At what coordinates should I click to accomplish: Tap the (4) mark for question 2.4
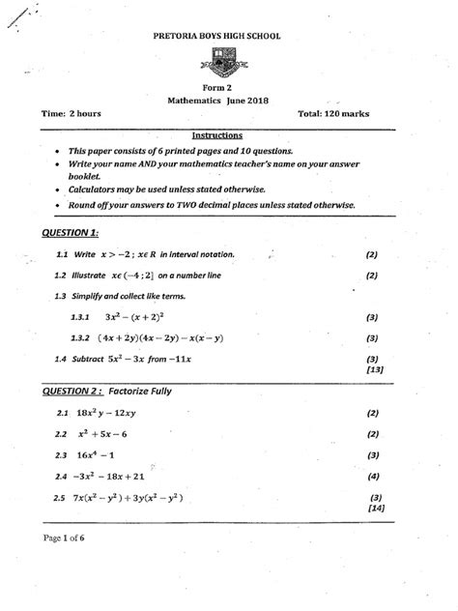(373, 478)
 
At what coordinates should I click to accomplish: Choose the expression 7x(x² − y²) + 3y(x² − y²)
(133, 499)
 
